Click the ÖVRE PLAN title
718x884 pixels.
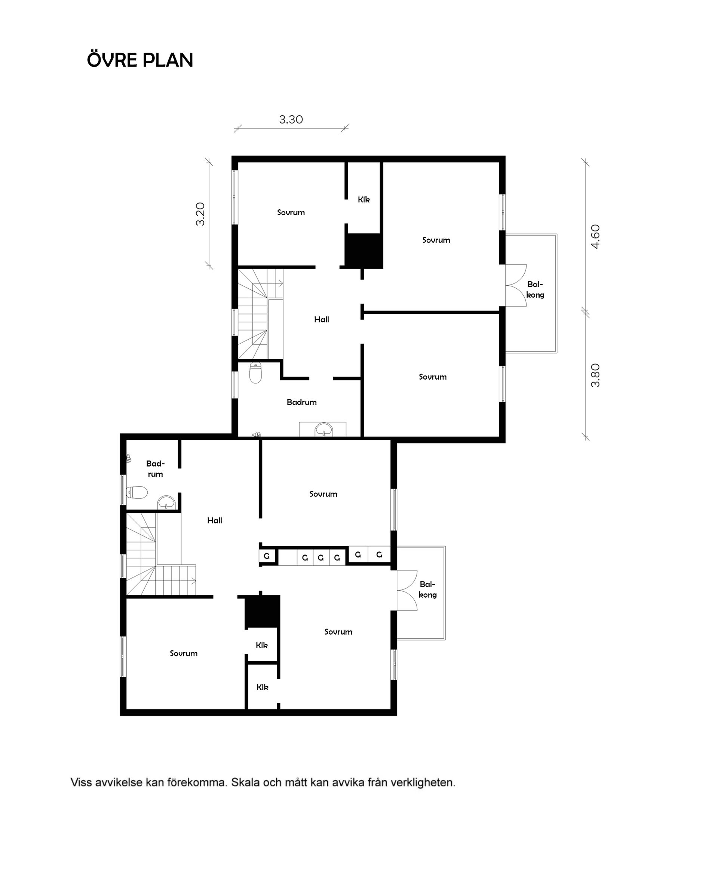[140, 60]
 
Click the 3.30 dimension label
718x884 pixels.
[291, 120]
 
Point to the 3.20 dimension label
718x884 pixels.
[200, 214]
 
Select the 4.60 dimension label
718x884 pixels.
[595, 236]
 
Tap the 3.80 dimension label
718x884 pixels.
[595, 375]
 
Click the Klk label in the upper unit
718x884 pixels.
[363, 200]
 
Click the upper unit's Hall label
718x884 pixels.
[321, 319]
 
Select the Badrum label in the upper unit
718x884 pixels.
[301, 402]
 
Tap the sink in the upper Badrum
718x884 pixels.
[323, 429]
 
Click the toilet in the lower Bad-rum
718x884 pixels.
[137, 492]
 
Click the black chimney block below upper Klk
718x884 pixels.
[364, 250]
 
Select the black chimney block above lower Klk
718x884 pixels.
[263, 612]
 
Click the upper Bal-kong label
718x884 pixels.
[535, 289]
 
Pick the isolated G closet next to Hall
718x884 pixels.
[267, 556]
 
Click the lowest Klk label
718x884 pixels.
[262, 687]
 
